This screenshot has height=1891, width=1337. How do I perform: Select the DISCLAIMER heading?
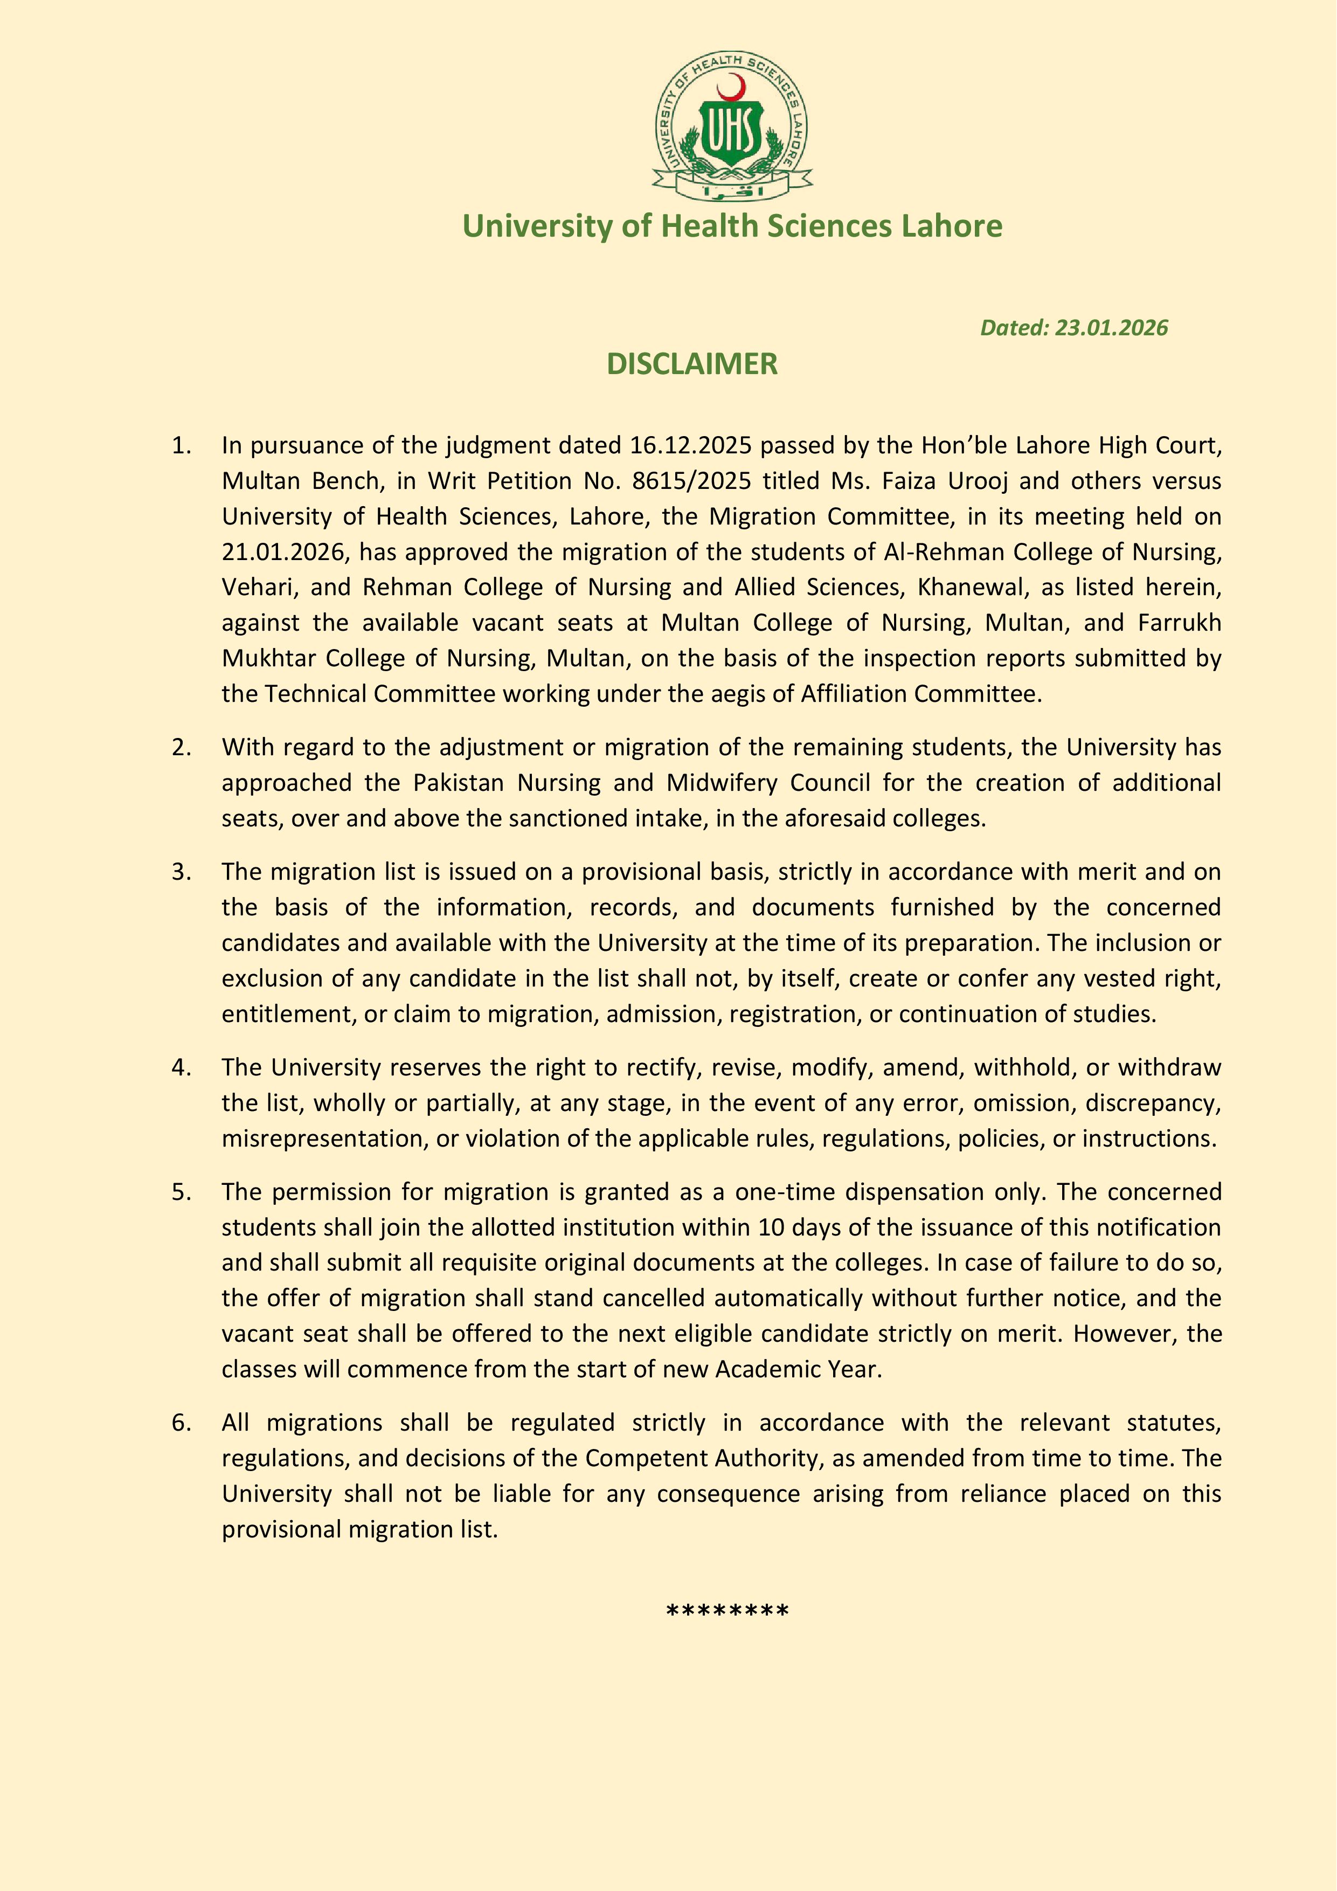691,364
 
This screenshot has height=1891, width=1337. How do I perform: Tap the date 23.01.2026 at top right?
1111,328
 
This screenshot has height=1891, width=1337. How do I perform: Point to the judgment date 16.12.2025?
691,446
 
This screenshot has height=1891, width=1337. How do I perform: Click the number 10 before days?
771,1228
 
